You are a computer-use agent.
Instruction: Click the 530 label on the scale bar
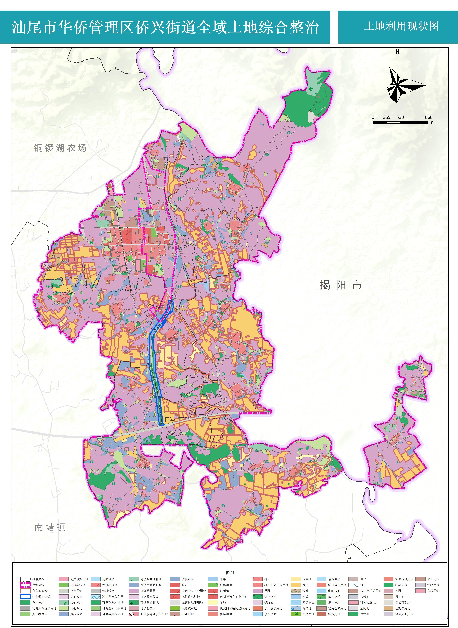point(400,117)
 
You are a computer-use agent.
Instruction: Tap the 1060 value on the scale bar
point(427,117)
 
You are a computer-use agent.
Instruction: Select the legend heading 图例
point(230,573)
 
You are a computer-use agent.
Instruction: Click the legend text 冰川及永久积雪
point(113,597)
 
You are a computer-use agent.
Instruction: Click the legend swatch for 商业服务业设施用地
point(134,614)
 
